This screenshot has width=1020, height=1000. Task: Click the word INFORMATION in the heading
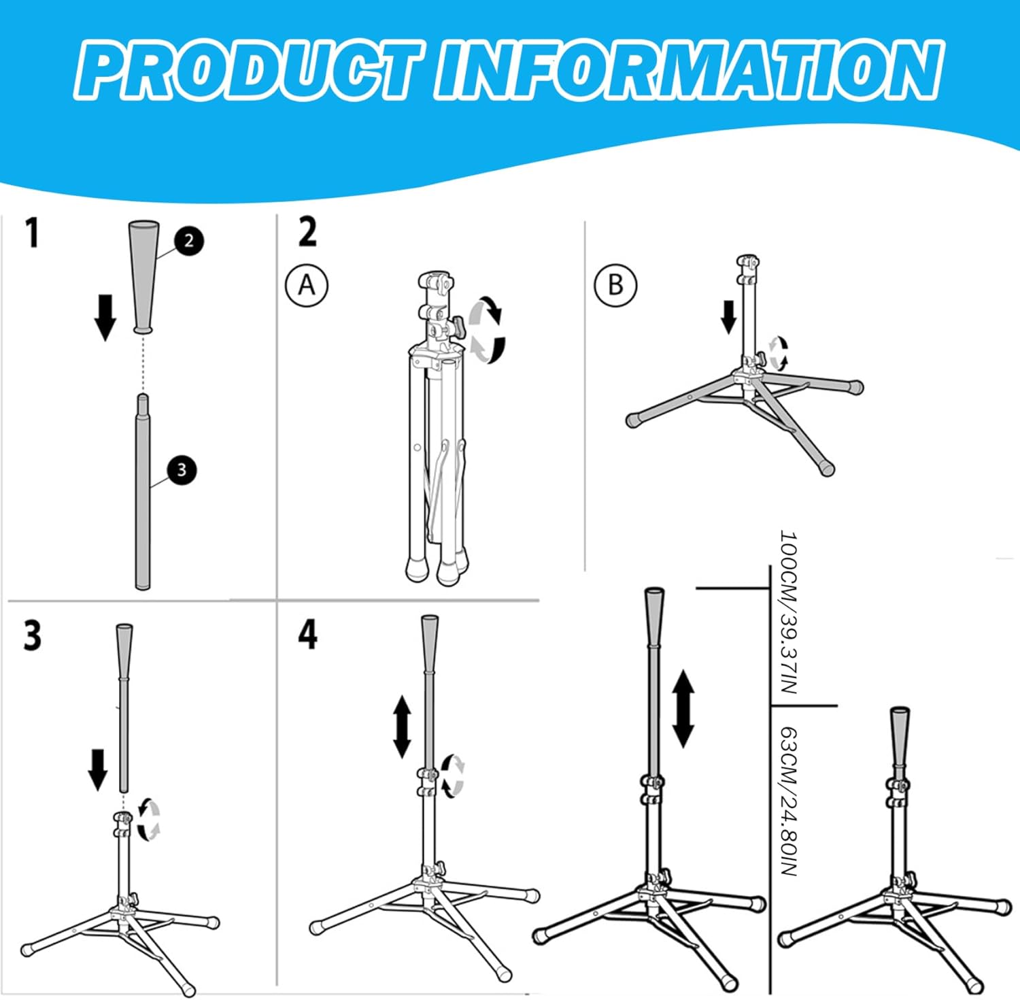click(x=688, y=70)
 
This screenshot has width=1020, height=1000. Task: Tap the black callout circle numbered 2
click(x=188, y=241)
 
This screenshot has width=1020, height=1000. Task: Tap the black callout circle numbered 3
click(x=182, y=470)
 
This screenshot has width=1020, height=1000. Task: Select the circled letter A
click(x=306, y=285)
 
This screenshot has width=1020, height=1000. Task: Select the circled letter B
click(x=615, y=285)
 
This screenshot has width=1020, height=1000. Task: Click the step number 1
click(x=32, y=233)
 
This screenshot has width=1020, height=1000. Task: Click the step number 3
click(x=32, y=636)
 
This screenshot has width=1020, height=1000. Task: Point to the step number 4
click(x=307, y=635)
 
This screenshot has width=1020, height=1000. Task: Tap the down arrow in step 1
click(x=105, y=317)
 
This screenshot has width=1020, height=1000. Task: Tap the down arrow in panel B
click(x=728, y=317)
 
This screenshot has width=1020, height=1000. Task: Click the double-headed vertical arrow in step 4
click(x=402, y=726)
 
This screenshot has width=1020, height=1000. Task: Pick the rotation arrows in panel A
click(x=488, y=329)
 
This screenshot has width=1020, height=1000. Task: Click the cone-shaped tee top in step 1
click(x=143, y=276)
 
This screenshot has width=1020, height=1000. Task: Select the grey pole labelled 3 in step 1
click(x=143, y=493)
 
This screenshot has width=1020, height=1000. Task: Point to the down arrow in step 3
click(x=99, y=769)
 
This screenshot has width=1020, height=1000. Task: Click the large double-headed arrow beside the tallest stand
click(x=683, y=708)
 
